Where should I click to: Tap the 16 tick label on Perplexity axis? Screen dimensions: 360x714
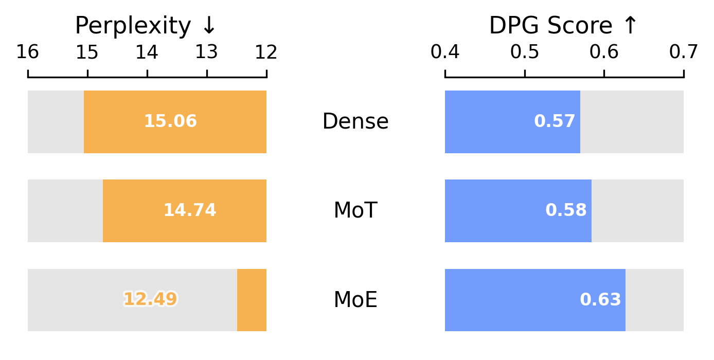tap(28, 52)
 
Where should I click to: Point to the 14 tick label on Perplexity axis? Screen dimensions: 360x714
tap(147, 52)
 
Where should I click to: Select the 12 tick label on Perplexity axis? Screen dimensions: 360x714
tap(266, 52)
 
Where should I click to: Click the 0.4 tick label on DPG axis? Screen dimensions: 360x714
tap(445, 52)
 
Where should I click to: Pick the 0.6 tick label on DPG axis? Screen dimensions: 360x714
tap(604, 52)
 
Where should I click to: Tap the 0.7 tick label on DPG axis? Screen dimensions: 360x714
tap(684, 52)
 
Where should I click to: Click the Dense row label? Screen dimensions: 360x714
tap(355, 122)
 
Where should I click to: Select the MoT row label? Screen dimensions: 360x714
tap(355, 211)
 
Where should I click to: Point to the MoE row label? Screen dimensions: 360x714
tap(355, 300)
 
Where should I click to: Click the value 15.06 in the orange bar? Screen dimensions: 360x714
tap(170, 122)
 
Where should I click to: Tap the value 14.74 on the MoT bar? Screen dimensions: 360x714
tap(190, 211)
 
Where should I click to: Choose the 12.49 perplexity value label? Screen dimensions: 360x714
tap(150, 299)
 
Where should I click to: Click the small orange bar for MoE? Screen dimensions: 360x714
tap(252, 300)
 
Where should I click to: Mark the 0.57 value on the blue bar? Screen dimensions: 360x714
tap(555, 122)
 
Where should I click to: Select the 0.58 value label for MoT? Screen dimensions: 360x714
tap(566, 211)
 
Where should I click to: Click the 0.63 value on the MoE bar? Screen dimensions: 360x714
tap(600, 300)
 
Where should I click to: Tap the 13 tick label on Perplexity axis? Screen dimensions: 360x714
tap(207, 52)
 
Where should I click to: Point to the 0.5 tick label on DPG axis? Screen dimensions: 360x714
tap(525, 52)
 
